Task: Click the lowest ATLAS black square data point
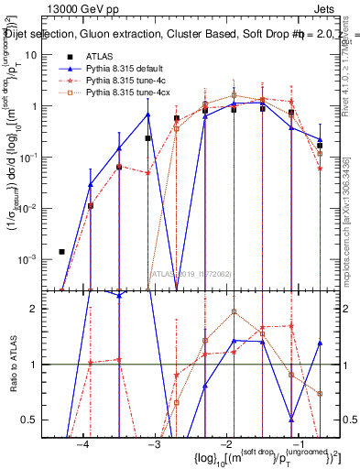(x=61, y=251)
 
